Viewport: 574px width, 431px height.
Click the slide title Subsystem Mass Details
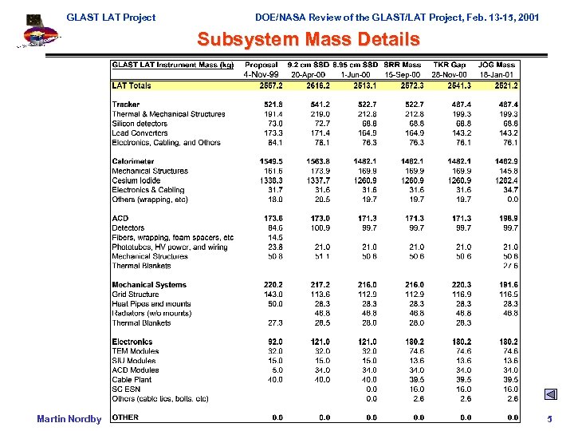click(308, 39)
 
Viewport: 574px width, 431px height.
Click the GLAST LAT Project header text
click(111, 17)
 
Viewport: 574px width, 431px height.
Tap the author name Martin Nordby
click(69, 419)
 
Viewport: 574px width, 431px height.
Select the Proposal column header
click(261, 65)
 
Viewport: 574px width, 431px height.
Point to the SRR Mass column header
click(403, 65)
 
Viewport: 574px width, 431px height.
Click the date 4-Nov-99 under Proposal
click(261, 74)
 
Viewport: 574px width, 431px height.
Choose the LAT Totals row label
click(132, 85)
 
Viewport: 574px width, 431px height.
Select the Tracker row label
click(126, 105)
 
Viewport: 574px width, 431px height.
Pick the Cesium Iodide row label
click(136, 180)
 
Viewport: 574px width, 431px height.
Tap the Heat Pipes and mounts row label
click(151, 304)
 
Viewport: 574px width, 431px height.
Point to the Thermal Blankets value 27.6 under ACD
click(510, 266)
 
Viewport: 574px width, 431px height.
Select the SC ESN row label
click(126, 389)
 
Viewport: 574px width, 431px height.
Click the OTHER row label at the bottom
click(125, 417)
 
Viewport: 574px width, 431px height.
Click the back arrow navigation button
click(550, 394)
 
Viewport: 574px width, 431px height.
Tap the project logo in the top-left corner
click(36, 30)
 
